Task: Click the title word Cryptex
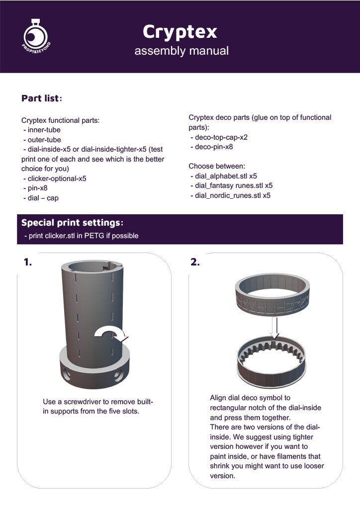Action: pyautogui.click(x=180, y=31)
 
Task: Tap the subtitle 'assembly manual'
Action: pyautogui.click(x=181, y=51)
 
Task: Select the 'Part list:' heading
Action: pyautogui.click(x=42, y=98)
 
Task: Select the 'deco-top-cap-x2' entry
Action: pyautogui.click(x=219, y=137)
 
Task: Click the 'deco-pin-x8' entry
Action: pyautogui.click(x=212, y=147)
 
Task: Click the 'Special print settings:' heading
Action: pyautogui.click(x=72, y=222)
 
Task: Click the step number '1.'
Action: pyautogui.click(x=28, y=262)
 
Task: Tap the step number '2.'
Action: pyautogui.click(x=195, y=262)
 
